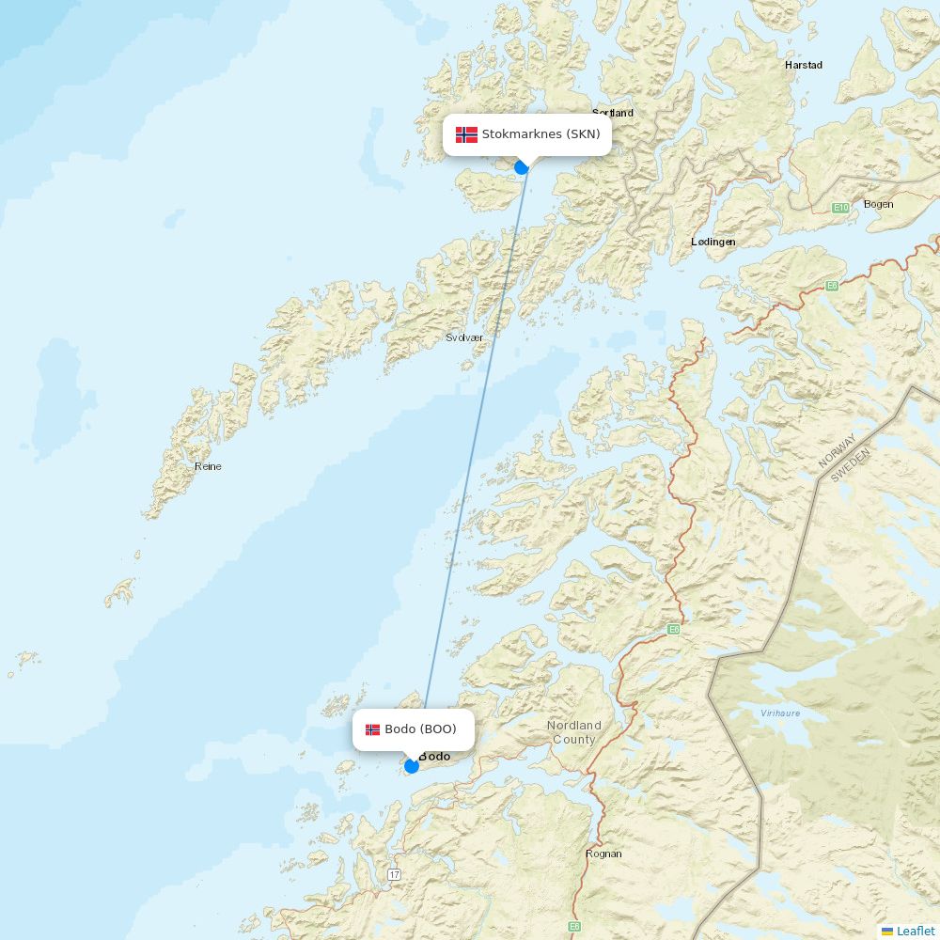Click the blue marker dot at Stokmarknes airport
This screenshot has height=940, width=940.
522,167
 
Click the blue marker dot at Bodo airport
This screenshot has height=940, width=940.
411,766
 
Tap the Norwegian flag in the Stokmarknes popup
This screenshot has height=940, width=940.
466,134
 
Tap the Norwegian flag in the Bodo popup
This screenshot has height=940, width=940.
373,729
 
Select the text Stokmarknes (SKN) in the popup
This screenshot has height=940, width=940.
540,134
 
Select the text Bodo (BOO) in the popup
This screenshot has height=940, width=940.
420,729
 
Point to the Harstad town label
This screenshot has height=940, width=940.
803,65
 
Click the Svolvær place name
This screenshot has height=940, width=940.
463,337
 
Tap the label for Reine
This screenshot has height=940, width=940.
208,466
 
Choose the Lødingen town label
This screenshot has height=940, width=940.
713,242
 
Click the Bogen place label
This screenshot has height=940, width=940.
878,204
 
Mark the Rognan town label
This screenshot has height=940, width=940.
603,854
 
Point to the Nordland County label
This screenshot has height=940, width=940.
573,732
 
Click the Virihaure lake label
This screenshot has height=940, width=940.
780,713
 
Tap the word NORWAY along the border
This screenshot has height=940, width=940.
836,450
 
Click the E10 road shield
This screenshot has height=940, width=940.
840,207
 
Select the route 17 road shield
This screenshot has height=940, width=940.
393,874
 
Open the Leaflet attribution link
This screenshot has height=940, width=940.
915,931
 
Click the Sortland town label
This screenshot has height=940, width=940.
613,113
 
